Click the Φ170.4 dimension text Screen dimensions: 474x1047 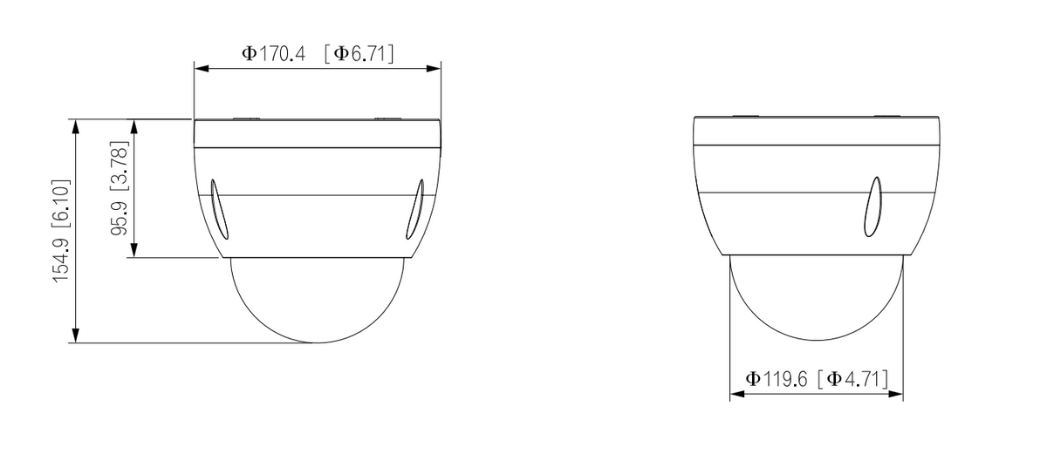pos(273,53)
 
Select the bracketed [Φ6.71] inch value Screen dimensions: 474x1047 pos(359,53)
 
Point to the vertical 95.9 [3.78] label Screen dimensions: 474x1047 pos(119,189)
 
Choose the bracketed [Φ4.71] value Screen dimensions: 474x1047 pos(853,379)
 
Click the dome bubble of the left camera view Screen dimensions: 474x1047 pos(317,296)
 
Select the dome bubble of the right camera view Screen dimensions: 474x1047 pos(816,296)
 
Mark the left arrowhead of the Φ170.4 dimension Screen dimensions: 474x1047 pos(198,68)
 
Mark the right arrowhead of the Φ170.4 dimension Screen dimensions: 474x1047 pos(435,68)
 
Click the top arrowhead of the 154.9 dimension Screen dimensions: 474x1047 pos(76,125)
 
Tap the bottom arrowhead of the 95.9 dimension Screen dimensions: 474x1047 pos(133,252)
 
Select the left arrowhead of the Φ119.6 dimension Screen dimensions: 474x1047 pos(735,395)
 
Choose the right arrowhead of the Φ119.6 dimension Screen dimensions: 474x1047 pos(897,395)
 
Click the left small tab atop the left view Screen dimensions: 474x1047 pos(247,117)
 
